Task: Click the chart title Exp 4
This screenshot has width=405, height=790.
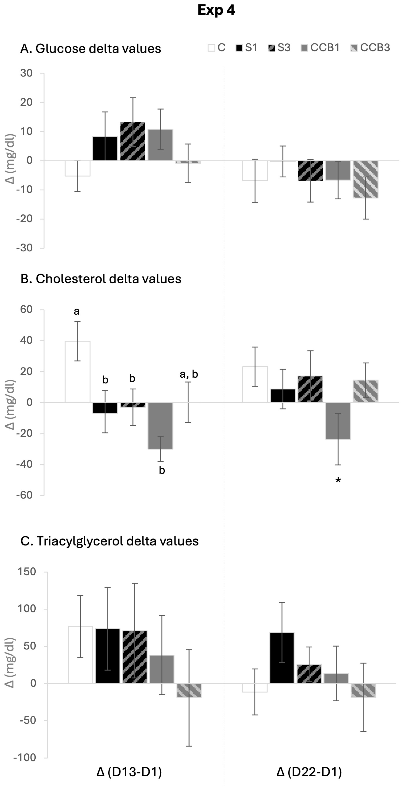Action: (216, 10)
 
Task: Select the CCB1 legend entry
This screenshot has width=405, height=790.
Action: (320, 48)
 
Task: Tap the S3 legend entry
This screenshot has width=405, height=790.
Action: (279, 48)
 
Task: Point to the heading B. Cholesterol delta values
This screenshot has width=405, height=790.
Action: (101, 279)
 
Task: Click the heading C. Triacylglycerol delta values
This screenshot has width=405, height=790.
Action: (110, 541)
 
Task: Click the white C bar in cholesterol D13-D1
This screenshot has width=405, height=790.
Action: (78, 372)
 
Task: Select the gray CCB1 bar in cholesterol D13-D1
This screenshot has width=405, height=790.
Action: (161, 426)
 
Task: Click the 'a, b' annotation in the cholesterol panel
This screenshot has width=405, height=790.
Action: (189, 374)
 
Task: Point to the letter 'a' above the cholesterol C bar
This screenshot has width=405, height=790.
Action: (77, 311)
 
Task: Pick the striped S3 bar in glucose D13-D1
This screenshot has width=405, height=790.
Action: (133, 141)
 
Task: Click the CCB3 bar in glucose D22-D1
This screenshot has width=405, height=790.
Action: (365, 179)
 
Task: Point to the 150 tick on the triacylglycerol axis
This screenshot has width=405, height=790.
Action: (27, 572)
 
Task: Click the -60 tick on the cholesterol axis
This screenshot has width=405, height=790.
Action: (25, 495)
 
